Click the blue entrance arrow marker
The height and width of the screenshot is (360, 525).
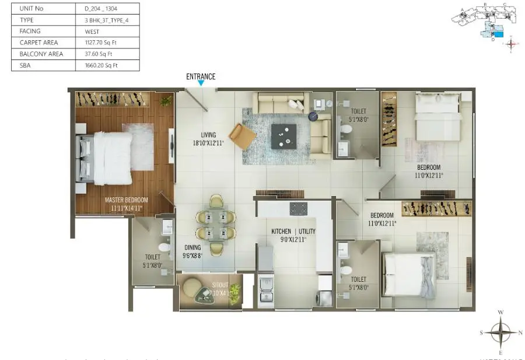[201, 83]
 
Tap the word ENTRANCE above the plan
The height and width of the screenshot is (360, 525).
[201, 76]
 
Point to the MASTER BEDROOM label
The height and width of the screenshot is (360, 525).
[127, 200]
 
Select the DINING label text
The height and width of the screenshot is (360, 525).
[192, 247]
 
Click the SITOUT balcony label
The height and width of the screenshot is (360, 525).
[204, 279]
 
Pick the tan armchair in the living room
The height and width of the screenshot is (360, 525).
[242, 137]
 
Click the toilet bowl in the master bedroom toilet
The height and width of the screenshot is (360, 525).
[164, 249]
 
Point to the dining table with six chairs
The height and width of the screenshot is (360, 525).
[216, 225]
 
